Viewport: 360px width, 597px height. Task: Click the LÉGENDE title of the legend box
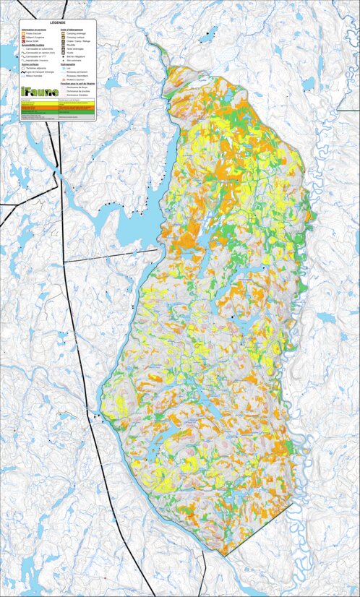point(58,24)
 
